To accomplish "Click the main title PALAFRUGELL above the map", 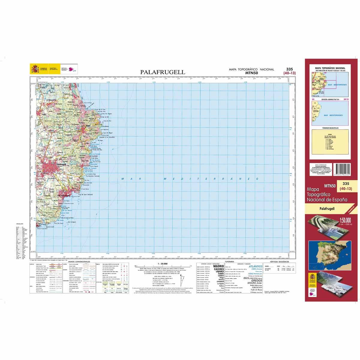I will pos(163,72).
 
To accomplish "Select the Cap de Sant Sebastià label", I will pos(86,195).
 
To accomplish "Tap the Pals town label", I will pos(44,114).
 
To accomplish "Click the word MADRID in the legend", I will pos(218,266).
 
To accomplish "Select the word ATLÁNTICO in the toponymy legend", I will pos(256,266).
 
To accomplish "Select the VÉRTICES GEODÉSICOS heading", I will pos(279,262).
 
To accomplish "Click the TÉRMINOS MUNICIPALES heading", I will pos(330,128).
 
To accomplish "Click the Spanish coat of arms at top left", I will pos(35,69).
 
